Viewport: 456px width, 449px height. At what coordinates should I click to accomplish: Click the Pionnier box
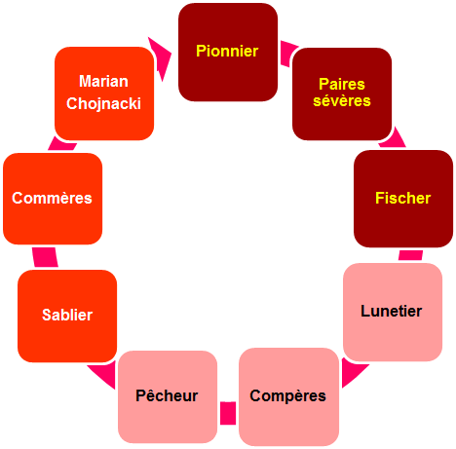click(x=228, y=52)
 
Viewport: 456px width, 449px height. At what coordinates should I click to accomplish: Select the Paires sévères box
click(x=342, y=94)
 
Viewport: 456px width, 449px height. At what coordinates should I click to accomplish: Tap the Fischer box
click(x=403, y=199)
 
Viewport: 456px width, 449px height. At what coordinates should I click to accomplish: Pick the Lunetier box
click(x=393, y=312)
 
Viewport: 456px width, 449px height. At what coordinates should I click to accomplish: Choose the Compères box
click(x=288, y=396)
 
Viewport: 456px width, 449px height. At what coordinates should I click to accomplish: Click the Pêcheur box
click(x=168, y=396)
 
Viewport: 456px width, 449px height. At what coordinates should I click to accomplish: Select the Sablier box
click(x=67, y=316)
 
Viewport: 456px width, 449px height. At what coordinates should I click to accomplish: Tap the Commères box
click(x=53, y=199)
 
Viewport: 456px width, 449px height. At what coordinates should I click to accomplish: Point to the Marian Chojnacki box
click(x=104, y=94)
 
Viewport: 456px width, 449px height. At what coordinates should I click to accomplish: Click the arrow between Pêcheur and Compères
click(x=228, y=413)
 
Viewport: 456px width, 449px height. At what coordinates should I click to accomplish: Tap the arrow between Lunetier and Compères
click(x=354, y=373)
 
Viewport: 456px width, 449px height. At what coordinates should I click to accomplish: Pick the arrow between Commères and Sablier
click(x=45, y=257)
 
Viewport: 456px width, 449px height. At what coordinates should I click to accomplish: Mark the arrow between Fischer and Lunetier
click(x=411, y=255)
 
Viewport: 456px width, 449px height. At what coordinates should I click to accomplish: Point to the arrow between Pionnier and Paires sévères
click(x=287, y=53)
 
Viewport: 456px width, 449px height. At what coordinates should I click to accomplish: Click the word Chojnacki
click(x=103, y=104)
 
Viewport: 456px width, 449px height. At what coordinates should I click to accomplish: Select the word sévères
click(x=342, y=101)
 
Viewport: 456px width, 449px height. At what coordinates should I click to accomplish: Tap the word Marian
click(x=103, y=81)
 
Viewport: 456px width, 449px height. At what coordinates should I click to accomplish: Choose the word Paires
click(x=342, y=84)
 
